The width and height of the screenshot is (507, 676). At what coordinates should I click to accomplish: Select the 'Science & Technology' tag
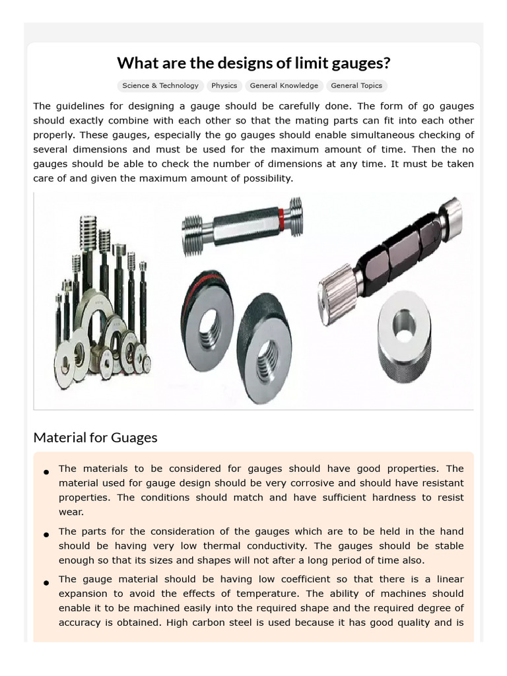tap(160, 86)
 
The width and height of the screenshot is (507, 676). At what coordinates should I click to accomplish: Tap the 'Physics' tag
tap(224, 86)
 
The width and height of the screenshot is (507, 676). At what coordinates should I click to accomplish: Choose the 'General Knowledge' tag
tap(284, 86)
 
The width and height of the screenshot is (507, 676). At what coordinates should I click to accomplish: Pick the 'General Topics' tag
tap(356, 86)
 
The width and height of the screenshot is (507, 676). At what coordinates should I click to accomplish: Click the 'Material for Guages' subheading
tap(95, 438)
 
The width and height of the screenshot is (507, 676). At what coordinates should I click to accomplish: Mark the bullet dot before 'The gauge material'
tap(46, 583)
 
